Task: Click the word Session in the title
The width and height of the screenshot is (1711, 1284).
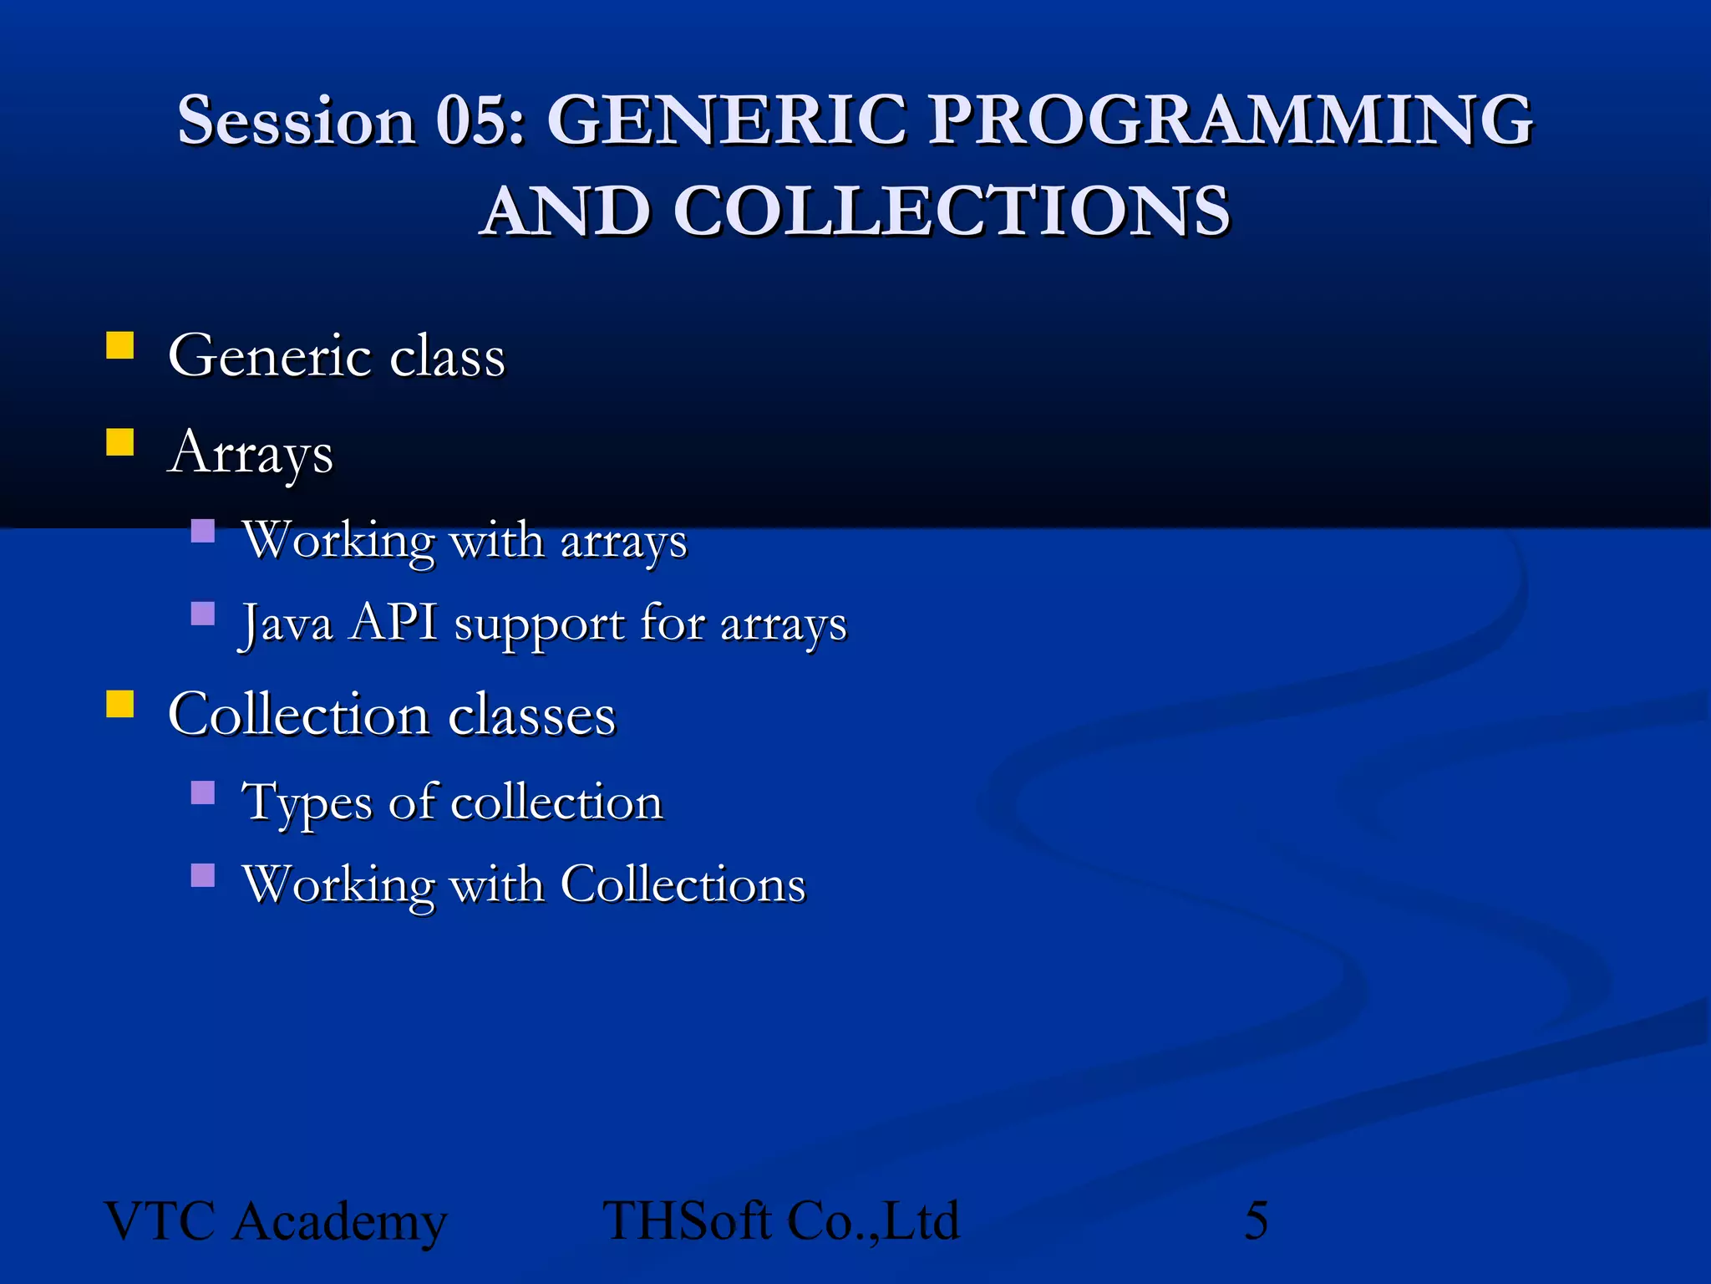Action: pyautogui.click(x=297, y=121)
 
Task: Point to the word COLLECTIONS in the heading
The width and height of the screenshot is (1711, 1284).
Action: pyautogui.click(x=952, y=211)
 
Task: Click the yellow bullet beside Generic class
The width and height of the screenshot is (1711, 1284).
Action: pyautogui.click(x=120, y=345)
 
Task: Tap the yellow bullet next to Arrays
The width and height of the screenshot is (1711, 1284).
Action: pyautogui.click(x=120, y=442)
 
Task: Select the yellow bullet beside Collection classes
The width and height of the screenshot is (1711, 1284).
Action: pyautogui.click(x=120, y=704)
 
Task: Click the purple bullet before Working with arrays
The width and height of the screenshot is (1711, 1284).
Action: pyautogui.click(x=203, y=531)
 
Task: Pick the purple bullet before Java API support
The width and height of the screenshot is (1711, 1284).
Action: pyautogui.click(x=203, y=614)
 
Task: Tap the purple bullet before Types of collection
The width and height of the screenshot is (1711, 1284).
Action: pyautogui.click(x=203, y=792)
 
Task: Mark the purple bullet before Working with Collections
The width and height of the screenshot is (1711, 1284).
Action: pyautogui.click(x=203, y=875)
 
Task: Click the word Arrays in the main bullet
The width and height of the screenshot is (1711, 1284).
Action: pyautogui.click(x=251, y=453)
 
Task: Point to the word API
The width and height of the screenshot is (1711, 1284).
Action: pyautogui.click(x=393, y=623)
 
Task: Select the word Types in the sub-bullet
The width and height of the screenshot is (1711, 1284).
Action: pyautogui.click(x=307, y=802)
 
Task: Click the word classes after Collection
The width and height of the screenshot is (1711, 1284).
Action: pyautogui.click(x=532, y=716)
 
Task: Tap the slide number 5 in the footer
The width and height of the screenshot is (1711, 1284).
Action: pyautogui.click(x=1257, y=1220)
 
